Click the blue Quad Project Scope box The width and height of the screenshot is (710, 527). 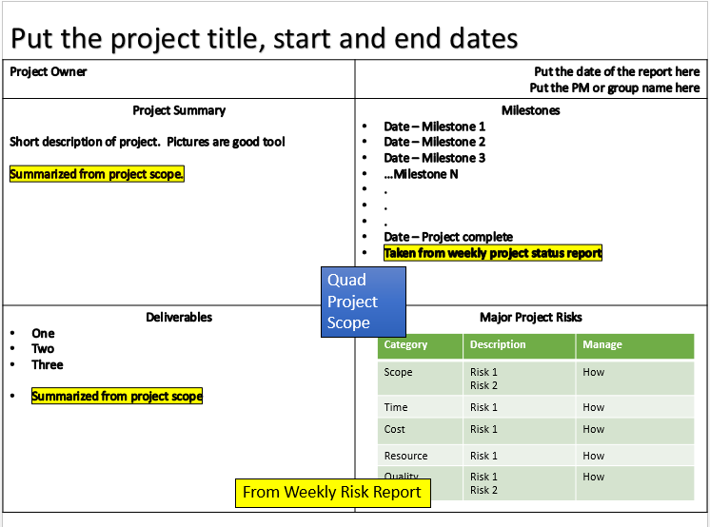click(x=364, y=302)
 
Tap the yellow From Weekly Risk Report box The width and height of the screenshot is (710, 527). click(x=333, y=493)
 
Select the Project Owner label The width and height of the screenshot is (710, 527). click(x=48, y=71)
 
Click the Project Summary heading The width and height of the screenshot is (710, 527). click(x=179, y=110)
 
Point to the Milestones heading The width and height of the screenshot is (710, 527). click(x=531, y=110)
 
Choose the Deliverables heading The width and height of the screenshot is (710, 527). click(x=179, y=317)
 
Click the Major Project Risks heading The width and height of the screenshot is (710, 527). click(x=531, y=317)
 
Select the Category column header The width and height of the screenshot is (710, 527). click(x=405, y=344)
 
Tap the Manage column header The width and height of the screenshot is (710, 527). click(x=602, y=344)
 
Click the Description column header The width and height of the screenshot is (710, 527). click(x=498, y=344)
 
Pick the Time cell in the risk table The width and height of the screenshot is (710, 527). click(x=396, y=407)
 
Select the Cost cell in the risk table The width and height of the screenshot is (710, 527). click(x=394, y=429)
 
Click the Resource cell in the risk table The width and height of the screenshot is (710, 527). click(x=405, y=456)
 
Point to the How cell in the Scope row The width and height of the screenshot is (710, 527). click(x=593, y=372)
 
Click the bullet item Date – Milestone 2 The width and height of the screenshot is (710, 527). click(x=434, y=142)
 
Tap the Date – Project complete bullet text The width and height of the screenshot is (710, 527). click(x=448, y=237)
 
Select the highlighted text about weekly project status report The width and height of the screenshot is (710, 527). click(x=493, y=253)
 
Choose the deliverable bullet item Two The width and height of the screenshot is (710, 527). click(x=43, y=348)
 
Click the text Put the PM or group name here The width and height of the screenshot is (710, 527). click(x=615, y=88)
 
